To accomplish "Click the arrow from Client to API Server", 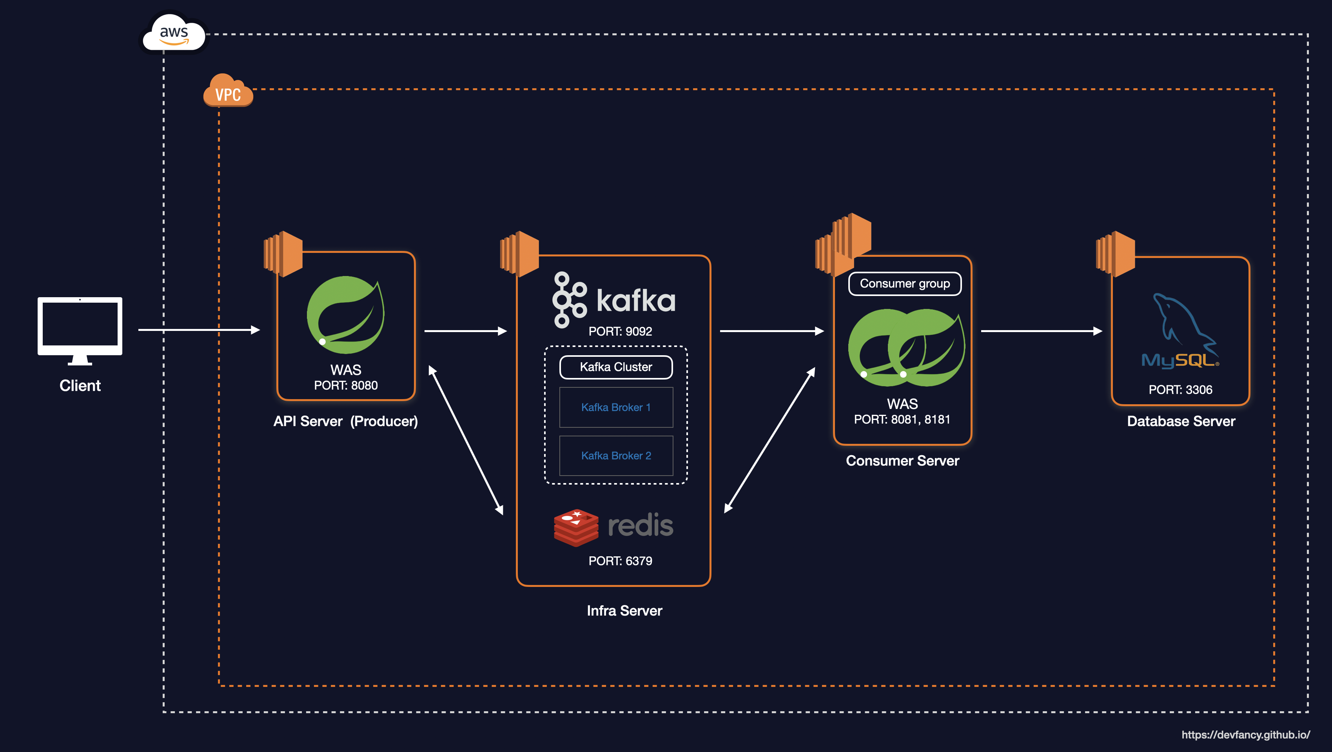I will [199, 329].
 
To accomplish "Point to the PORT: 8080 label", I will [346, 385].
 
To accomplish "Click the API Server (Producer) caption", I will [345, 421].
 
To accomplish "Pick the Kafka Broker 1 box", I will [616, 407].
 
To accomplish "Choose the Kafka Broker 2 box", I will [616, 455].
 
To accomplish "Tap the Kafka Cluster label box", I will [616, 367].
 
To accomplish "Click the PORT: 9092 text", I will [620, 331].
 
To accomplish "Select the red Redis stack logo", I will [575, 527].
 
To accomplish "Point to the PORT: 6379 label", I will [620, 561].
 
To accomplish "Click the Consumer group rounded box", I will [904, 283].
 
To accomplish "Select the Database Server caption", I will [1181, 421].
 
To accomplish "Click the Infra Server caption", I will [624, 610].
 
